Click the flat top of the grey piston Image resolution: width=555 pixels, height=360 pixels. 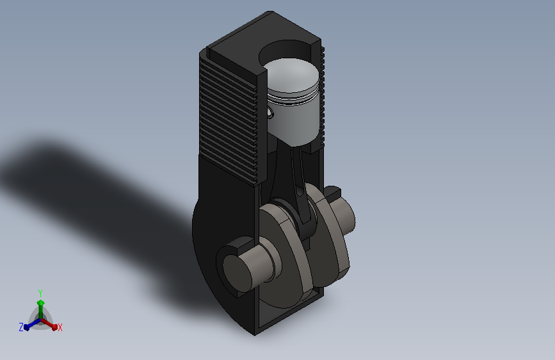(x=291, y=74)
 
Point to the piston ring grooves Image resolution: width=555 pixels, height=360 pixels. (x=293, y=97)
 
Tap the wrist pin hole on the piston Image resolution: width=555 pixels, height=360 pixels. (x=270, y=113)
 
